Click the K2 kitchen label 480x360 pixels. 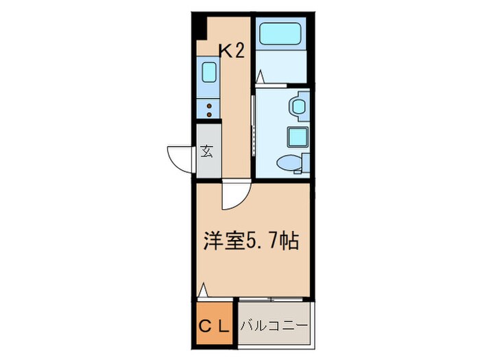231,51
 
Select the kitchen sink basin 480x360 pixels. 208,72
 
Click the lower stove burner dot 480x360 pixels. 209,115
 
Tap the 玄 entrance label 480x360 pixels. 206,152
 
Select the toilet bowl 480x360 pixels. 288,163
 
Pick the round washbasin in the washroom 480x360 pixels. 299,107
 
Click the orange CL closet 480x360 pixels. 212,324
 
